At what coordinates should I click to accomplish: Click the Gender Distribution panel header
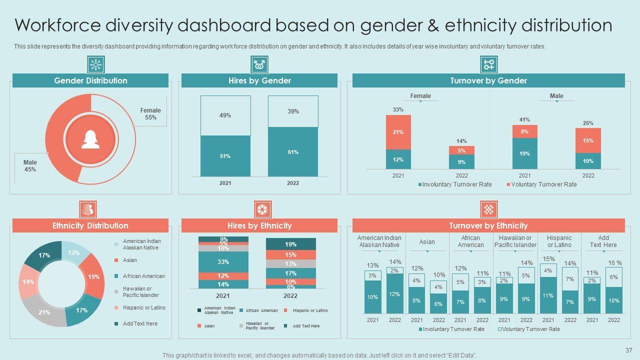pos(90,80)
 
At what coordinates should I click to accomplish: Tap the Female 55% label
pos(150,114)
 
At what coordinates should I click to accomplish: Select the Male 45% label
pos(30,166)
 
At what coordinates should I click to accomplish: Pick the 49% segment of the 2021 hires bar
pos(225,115)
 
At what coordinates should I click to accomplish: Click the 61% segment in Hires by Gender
pos(293,152)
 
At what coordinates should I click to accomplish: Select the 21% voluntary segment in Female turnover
pos(398,132)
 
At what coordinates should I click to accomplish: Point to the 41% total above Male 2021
pos(524,119)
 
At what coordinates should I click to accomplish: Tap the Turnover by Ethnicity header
pos(488,225)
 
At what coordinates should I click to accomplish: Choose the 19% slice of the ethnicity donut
pos(93,276)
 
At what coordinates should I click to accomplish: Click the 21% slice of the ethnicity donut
pos(44,312)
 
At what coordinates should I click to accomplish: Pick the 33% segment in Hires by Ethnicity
pos(223,262)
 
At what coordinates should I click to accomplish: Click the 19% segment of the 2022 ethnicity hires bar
pos(290,244)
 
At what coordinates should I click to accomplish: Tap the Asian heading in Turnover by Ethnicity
pos(427,242)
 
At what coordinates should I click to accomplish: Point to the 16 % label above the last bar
pos(614,263)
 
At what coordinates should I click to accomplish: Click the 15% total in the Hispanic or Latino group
pos(548,259)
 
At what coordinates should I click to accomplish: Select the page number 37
pos(629,350)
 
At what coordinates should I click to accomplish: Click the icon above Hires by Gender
pos(259,64)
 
